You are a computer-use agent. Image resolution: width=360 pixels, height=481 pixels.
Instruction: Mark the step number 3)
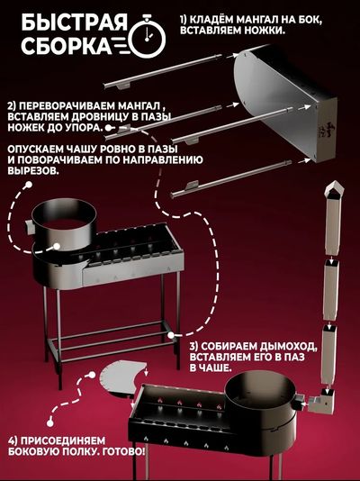[x=195, y=345]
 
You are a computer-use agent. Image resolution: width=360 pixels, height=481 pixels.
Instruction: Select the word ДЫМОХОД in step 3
[x=268, y=345]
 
